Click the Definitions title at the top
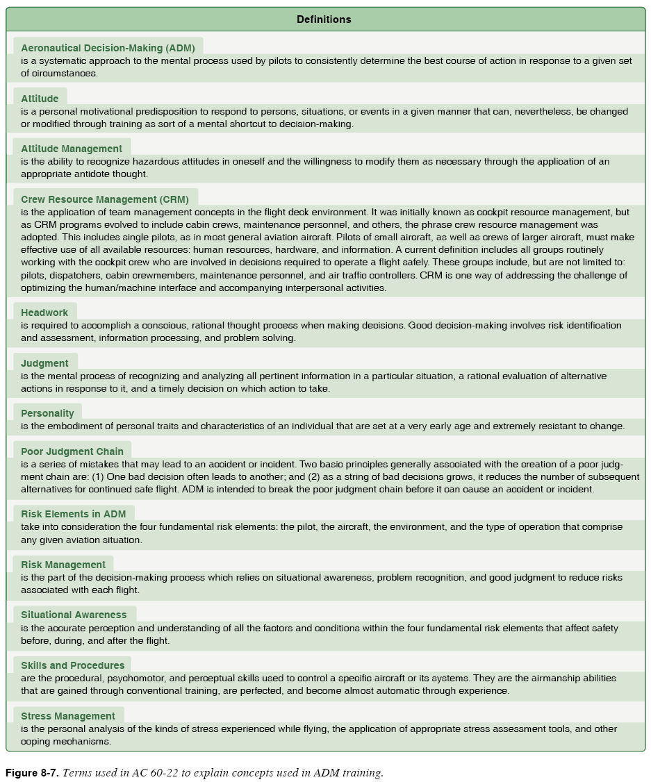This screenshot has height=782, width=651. (x=324, y=19)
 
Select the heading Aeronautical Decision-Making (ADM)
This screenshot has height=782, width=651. (x=108, y=48)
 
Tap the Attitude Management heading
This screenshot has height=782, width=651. (x=72, y=149)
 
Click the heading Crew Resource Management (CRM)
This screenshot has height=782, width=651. (x=105, y=199)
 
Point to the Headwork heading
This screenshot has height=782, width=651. (x=44, y=313)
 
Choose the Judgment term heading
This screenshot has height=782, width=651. (x=44, y=363)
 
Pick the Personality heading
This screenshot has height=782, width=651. (x=47, y=413)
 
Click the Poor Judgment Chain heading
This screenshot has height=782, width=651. (x=72, y=451)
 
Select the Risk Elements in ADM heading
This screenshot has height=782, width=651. (x=74, y=514)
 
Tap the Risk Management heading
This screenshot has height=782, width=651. (x=63, y=565)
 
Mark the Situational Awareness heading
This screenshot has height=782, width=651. (x=74, y=615)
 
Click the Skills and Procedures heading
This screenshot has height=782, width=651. (x=73, y=665)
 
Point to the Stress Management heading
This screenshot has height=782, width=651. (x=68, y=716)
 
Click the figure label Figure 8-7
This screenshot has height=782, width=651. (x=32, y=773)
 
